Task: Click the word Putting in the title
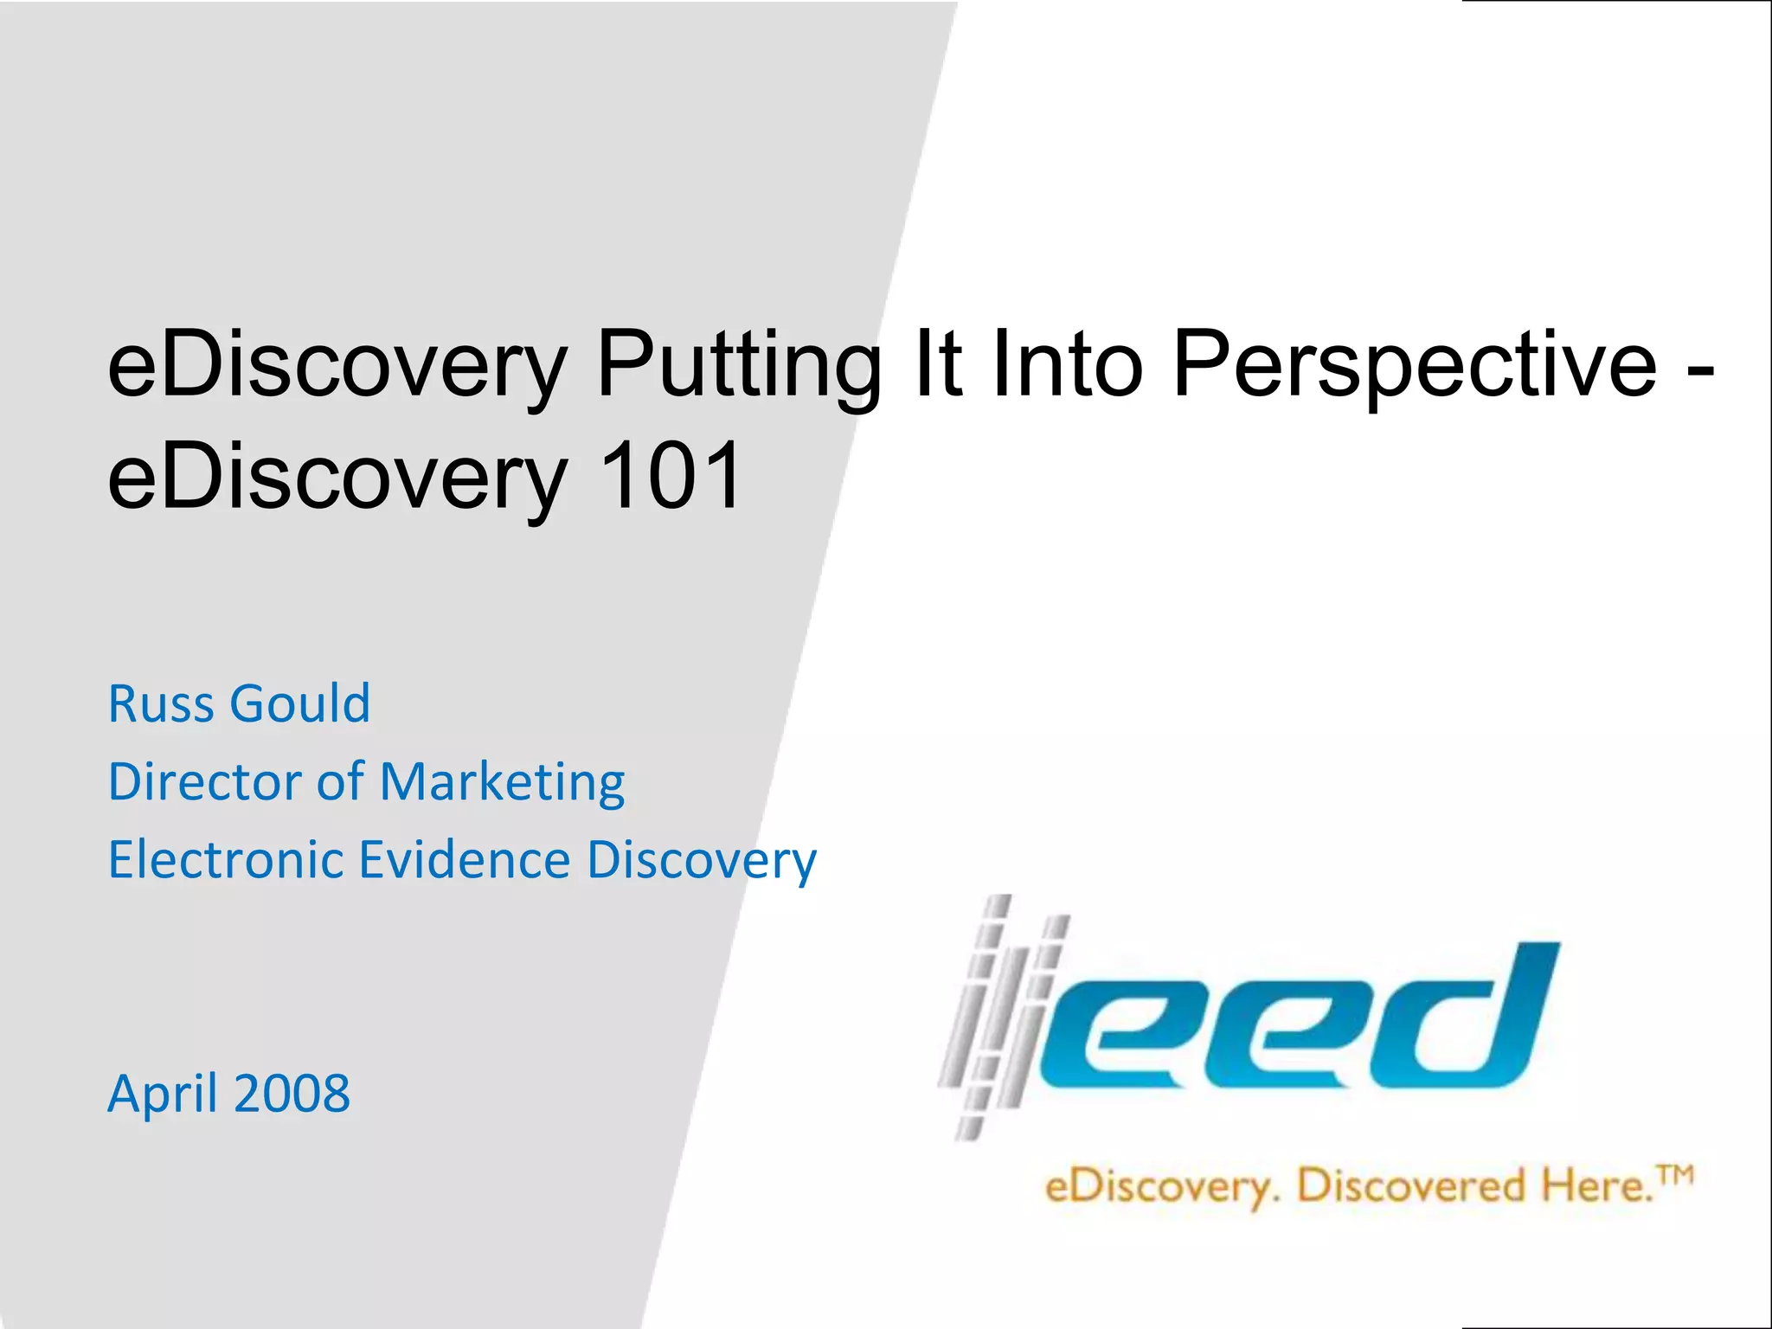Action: pos(737,363)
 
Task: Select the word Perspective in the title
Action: pos(1415,363)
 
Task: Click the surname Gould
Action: pos(300,703)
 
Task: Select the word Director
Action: pos(205,781)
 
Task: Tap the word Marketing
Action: pos(502,783)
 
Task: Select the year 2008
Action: pos(292,1094)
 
